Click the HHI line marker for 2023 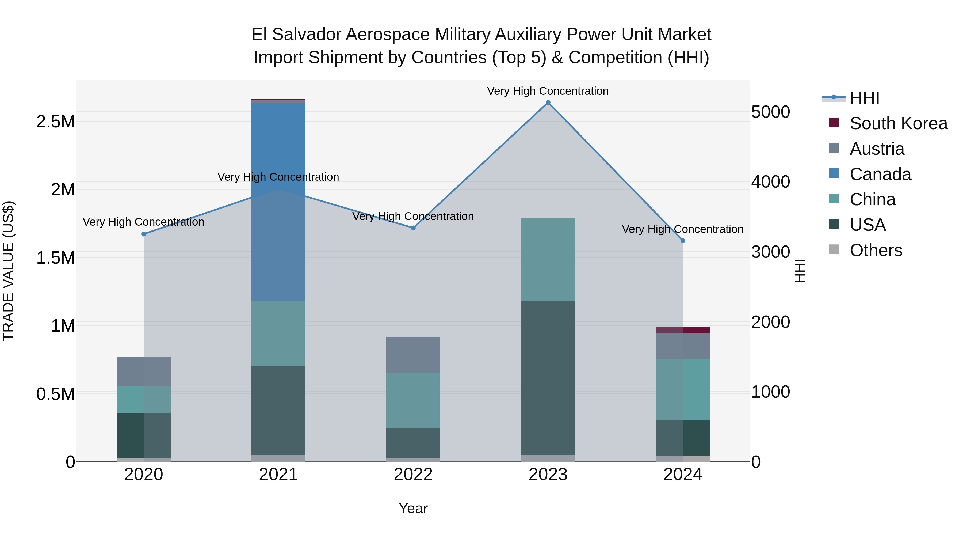(548, 103)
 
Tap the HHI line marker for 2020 (144, 234)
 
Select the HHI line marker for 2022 (413, 228)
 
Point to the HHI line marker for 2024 (683, 241)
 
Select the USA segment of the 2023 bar (548, 378)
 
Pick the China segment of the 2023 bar (548, 260)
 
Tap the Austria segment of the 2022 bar (413, 355)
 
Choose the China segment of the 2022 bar (413, 400)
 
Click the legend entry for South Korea (898, 123)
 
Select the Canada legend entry (880, 174)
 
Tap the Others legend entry (876, 250)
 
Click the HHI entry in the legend (864, 98)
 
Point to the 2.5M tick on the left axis (56, 122)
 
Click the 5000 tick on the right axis (770, 112)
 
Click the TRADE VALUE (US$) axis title (8, 271)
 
